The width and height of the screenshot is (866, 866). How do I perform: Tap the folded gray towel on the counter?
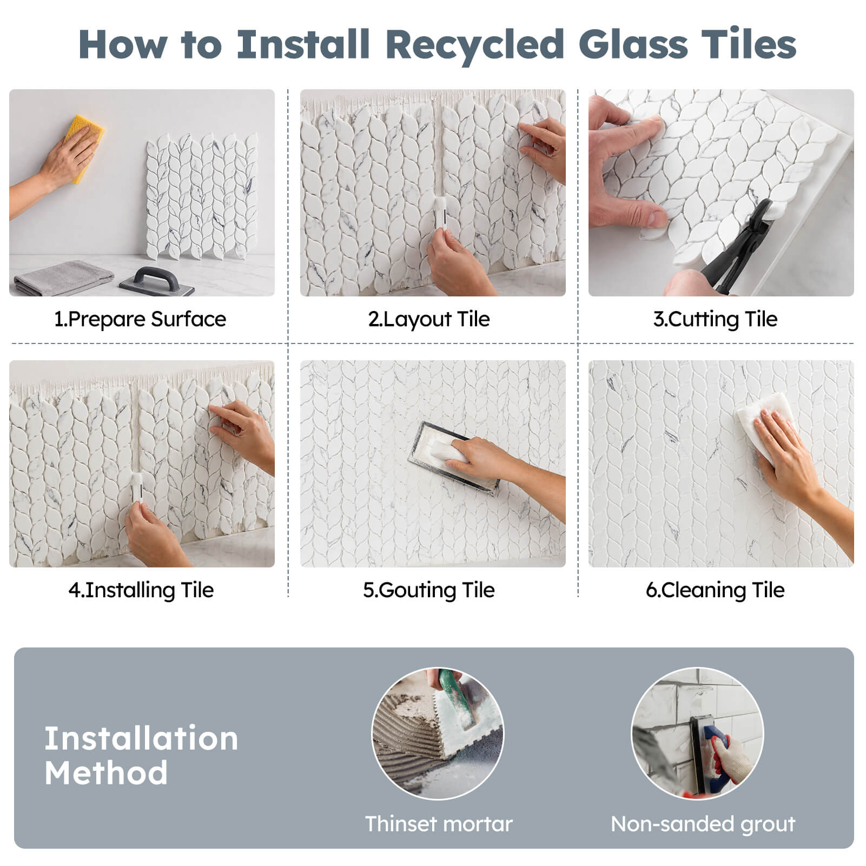coord(64,278)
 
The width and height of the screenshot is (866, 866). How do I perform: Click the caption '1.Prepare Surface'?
coord(140,319)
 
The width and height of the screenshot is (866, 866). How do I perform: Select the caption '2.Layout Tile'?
coord(429,319)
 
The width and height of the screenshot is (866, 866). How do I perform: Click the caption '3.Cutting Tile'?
coord(715,319)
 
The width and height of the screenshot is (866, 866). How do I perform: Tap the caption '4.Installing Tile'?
coord(141,590)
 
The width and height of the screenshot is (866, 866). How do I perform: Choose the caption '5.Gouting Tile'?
coord(429,590)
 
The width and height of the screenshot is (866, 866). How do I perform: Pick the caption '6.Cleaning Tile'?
coord(715,590)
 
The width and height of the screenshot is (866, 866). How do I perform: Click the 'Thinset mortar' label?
coord(439,824)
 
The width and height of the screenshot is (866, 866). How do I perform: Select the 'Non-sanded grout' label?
coord(703,824)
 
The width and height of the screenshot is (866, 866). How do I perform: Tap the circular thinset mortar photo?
coord(438,733)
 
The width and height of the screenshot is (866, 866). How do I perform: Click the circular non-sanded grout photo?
coord(698,733)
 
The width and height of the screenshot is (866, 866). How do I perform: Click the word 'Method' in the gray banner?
coord(106,772)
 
